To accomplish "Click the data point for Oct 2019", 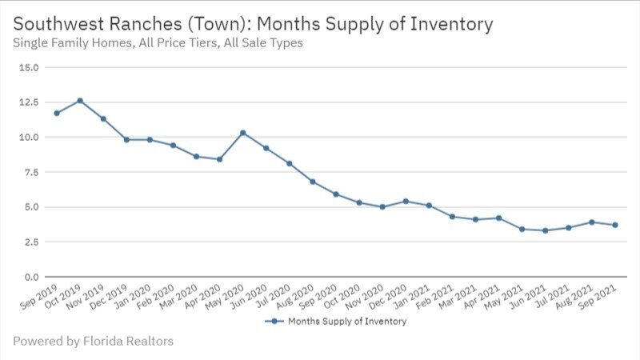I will (80, 101).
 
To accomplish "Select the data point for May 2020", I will (242, 133).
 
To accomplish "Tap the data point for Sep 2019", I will (57, 114).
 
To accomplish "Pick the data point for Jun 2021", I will (545, 230).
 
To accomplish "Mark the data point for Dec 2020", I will (406, 202).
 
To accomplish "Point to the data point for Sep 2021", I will (614, 225).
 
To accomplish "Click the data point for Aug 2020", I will (312, 182).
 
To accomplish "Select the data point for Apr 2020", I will (219, 159).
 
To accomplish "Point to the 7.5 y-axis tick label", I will (30, 172).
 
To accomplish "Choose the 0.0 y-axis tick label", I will (30, 277).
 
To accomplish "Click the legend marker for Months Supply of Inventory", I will (274, 322).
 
